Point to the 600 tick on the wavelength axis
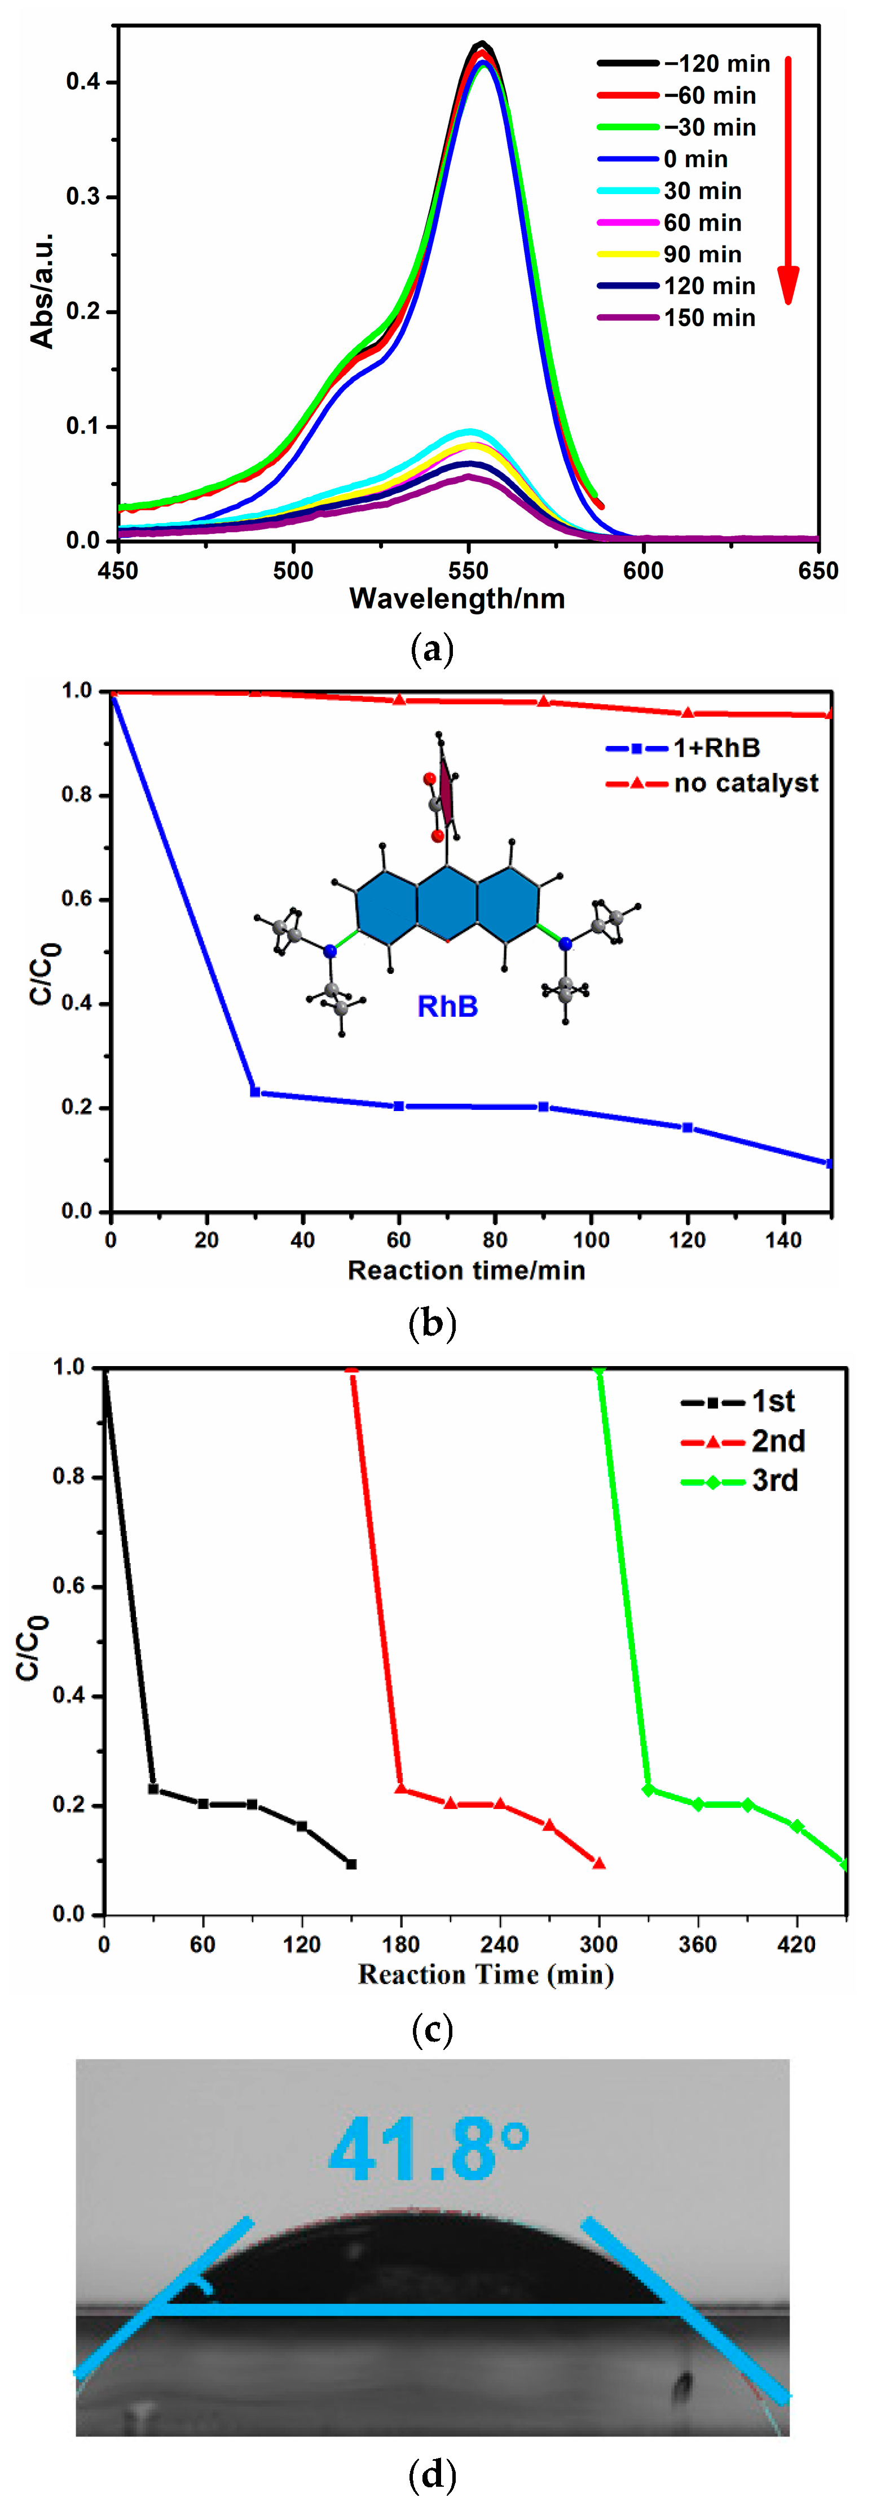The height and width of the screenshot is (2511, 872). (643, 570)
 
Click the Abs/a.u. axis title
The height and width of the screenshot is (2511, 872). (42, 289)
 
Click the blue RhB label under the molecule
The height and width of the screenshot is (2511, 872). (447, 1006)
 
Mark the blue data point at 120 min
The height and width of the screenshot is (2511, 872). (688, 1128)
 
